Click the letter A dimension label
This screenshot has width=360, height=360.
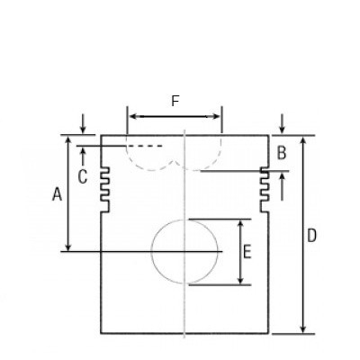point(57,193)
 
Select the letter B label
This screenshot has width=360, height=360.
point(282,153)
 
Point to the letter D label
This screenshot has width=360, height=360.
point(311,236)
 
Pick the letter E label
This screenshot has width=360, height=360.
point(247,251)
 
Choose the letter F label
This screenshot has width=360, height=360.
point(175,102)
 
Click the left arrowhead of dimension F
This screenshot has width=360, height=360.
point(131,116)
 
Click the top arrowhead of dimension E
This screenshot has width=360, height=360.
point(240,223)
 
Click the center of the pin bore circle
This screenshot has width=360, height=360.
point(184,251)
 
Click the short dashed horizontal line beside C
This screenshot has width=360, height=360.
point(147,146)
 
